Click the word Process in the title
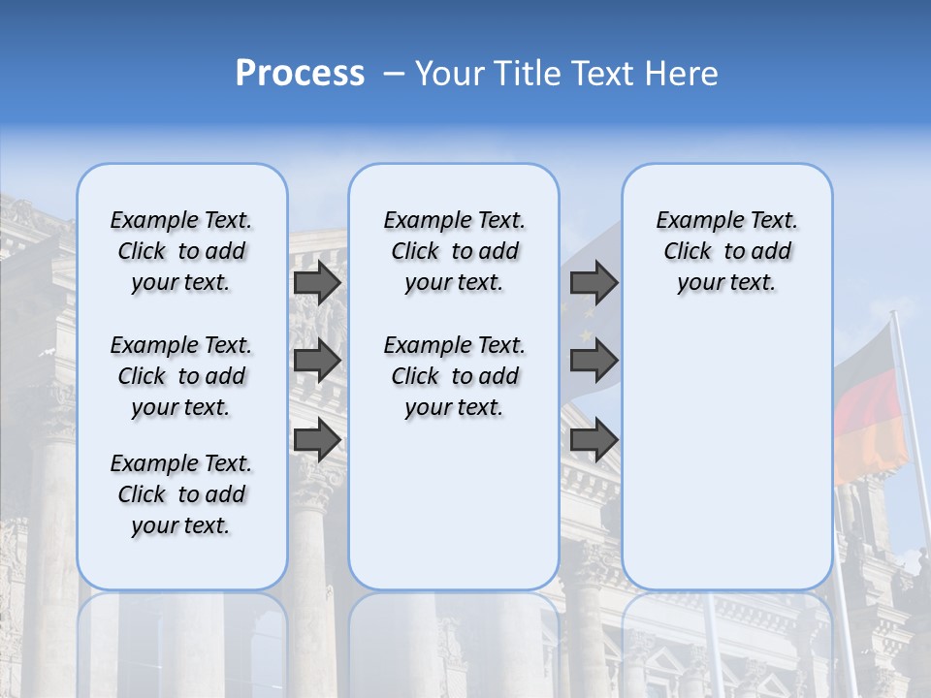pyautogui.click(x=300, y=74)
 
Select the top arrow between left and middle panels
pyautogui.click(x=317, y=283)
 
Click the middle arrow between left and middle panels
pyautogui.click(x=317, y=362)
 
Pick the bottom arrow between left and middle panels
pyautogui.click(x=317, y=439)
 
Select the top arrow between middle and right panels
pyautogui.click(x=594, y=283)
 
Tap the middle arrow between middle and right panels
pyautogui.click(x=594, y=362)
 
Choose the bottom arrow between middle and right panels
pyautogui.click(x=594, y=439)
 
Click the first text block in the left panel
pyautogui.click(x=181, y=251)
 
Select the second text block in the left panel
pyautogui.click(x=181, y=376)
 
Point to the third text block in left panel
pyautogui.click(x=181, y=494)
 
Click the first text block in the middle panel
pyautogui.click(x=454, y=251)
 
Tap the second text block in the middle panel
pyautogui.click(x=454, y=376)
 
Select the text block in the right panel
pyautogui.click(x=726, y=251)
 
